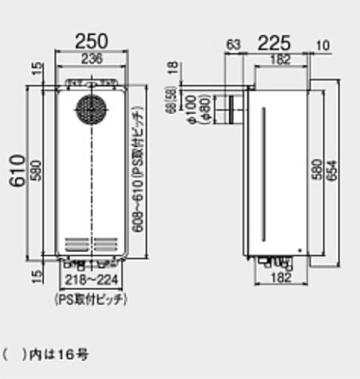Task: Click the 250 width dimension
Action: (91, 43)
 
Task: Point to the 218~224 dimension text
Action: (91, 282)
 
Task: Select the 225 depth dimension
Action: (273, 43)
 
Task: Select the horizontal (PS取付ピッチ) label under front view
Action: (91, 298)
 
